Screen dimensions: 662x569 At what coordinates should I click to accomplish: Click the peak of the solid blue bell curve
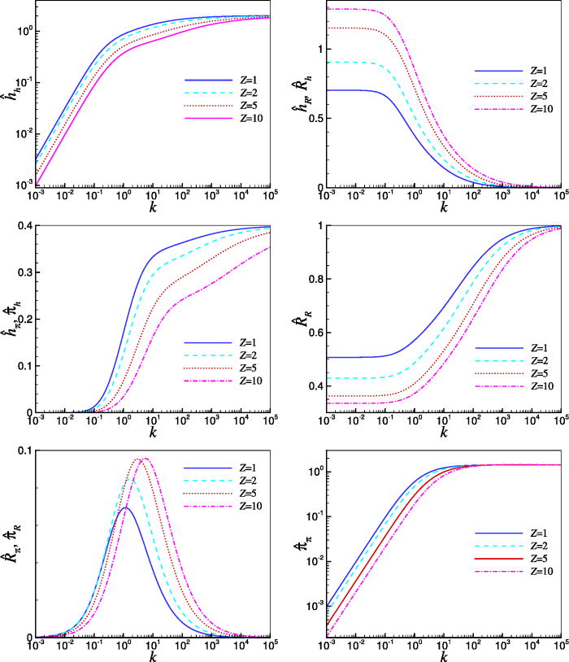tap(124, 508)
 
